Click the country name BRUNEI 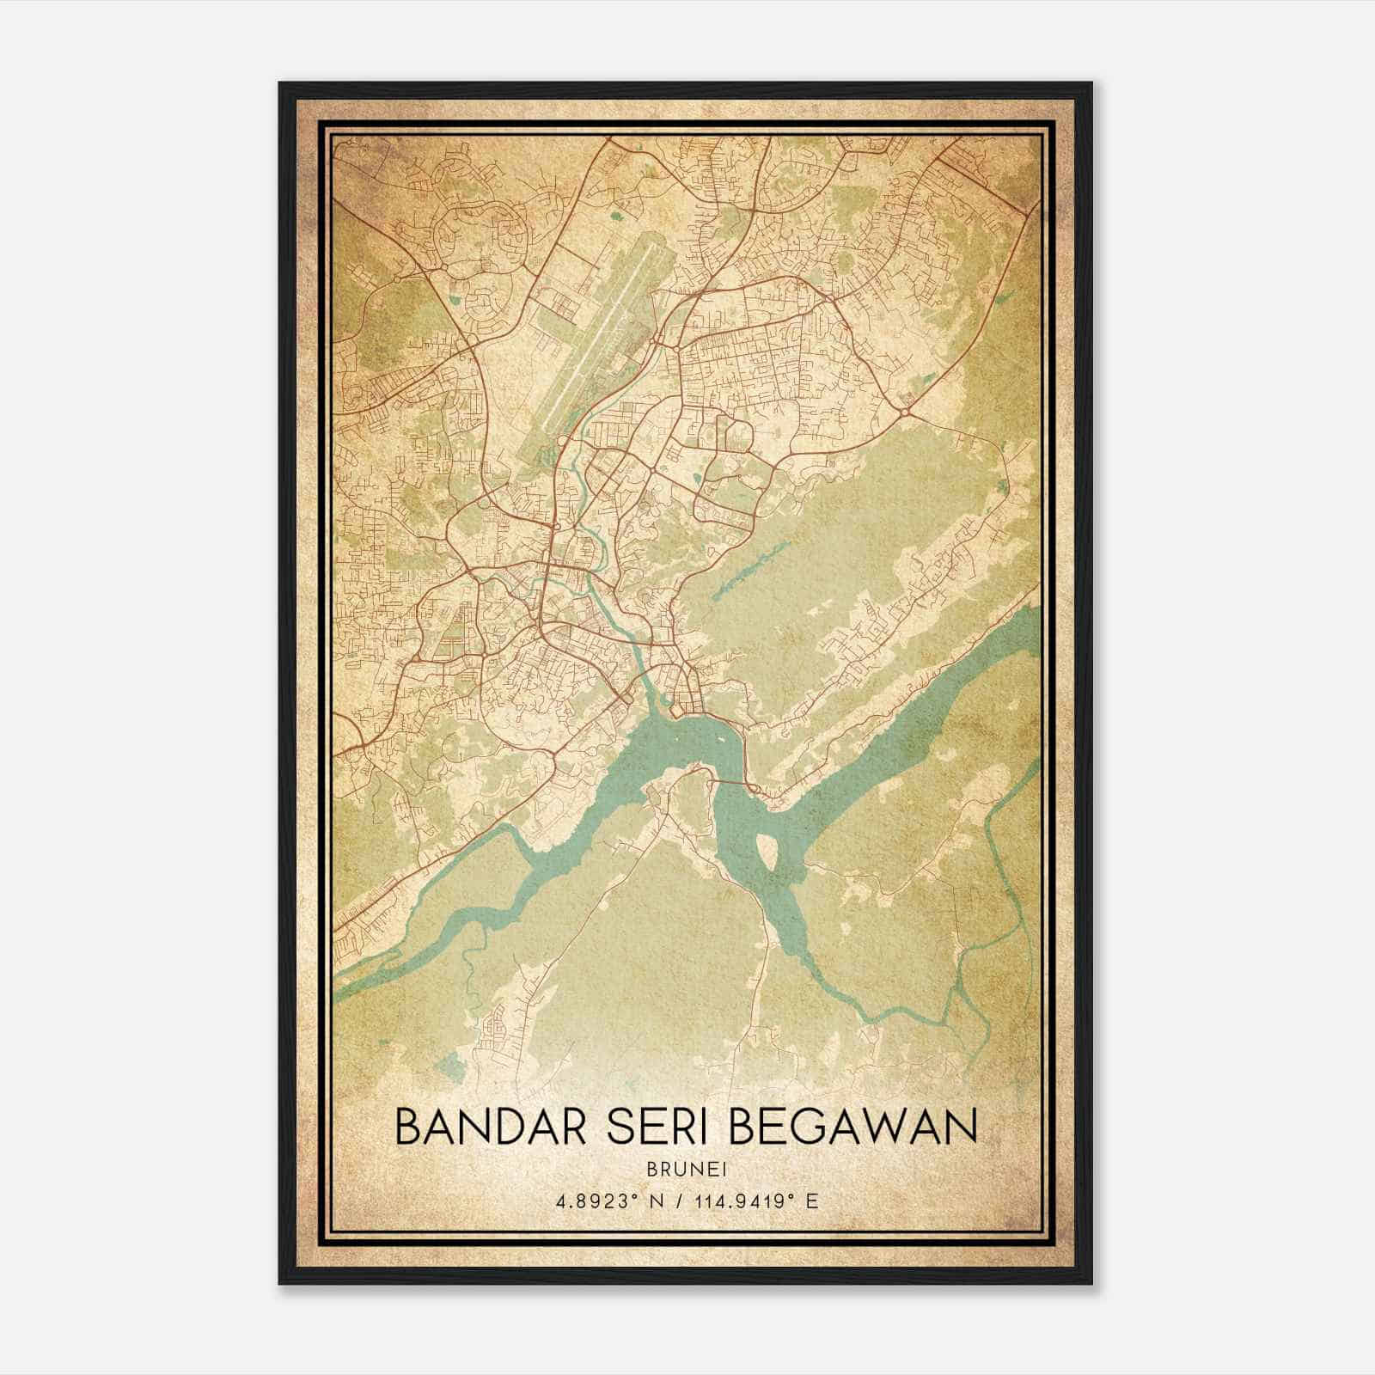pos(687,1169)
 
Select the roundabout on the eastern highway pos(905,413)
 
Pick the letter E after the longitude pos(812,1201)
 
